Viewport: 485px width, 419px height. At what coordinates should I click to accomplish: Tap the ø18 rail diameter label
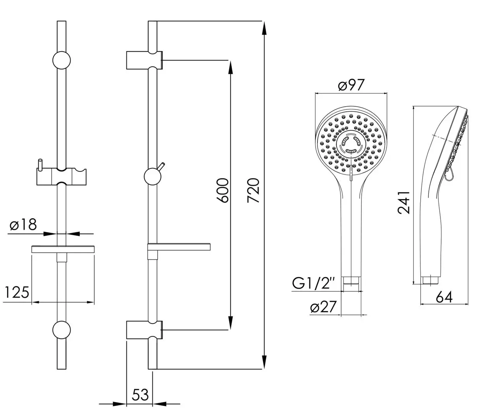(x=23, y=225)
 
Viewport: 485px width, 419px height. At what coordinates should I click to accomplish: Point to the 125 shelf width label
(x=16, y=292)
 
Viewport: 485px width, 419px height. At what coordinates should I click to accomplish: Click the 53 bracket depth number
(x=140, y=395)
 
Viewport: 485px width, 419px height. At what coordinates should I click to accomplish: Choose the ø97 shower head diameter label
(x=351, y=85)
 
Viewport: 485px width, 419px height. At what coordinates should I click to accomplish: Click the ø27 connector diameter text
(x=323, y=307)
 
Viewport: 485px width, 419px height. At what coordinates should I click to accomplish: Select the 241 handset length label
(x=404, y=202)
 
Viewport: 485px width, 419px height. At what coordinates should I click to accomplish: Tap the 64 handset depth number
(x=444, y=297)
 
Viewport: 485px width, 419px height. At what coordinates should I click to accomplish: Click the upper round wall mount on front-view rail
(x=62, y=61)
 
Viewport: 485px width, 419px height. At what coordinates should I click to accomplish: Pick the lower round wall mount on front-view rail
(x=62, y=330)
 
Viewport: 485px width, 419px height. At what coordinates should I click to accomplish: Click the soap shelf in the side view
(x=179, y=247)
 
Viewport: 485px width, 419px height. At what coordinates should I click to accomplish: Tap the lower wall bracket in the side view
(x=143, y=330)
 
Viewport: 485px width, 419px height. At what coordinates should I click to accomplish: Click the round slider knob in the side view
(x=153, y=177)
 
